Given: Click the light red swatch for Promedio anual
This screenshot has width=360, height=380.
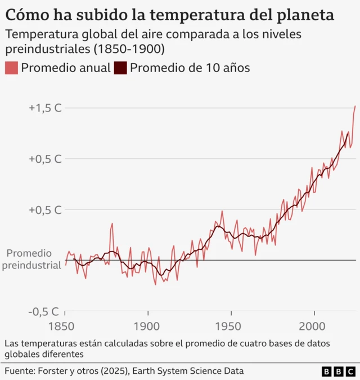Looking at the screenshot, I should pyautogui.click(x=11, y=68).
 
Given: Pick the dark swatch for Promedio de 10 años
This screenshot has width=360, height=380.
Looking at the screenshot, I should pyautogui.click(x=120, y=68).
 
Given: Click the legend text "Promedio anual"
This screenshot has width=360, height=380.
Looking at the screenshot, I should pyautogui.click(x=65, y=68).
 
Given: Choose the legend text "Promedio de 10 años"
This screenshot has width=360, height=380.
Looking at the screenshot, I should pyautogui.click(x=190, y=68).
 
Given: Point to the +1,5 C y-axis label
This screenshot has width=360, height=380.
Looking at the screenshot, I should pyautogui.click(x=45, y=108).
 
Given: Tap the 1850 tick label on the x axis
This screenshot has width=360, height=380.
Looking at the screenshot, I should pyautogui.click(x=66, y=327).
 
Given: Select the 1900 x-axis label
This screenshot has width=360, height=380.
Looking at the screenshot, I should pyautogui.click(x=148, y=327).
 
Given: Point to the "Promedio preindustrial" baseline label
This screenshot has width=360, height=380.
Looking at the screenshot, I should pyautogui.click(x=31, y=260).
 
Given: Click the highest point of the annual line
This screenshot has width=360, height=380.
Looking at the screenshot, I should pyautogui.click(x=355, y=106).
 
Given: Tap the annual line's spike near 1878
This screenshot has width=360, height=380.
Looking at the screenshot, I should pyautogui.click(x=112, y=223).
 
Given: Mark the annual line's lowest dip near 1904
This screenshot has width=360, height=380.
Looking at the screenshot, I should pyautogui.click(x=155, y=284).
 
